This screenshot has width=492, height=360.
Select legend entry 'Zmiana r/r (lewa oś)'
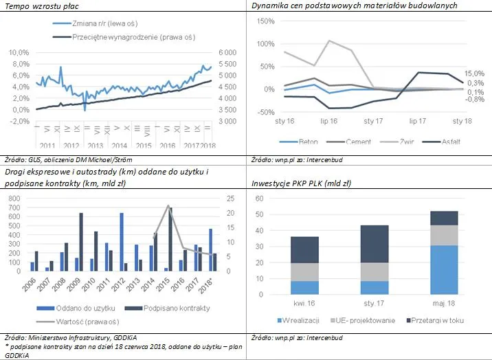coord(112,23)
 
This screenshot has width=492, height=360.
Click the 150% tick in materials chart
coord(265,21)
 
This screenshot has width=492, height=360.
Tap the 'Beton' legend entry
coord(306,142)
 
